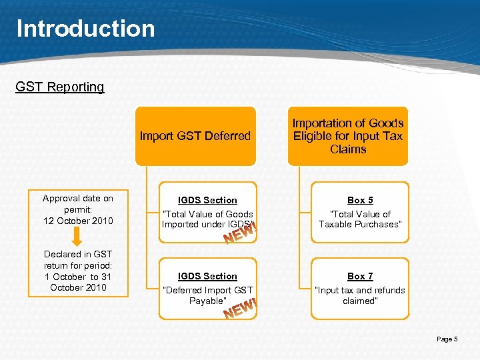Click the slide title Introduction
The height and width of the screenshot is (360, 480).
click(x=85, y=29)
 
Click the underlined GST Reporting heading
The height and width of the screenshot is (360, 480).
click(x=60, y=87)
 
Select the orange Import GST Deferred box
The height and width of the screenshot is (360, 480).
click(x=195, y=136)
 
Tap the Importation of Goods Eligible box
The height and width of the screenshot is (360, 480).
click(x=348, y=136)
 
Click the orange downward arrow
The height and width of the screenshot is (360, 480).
click(x=77, y=237)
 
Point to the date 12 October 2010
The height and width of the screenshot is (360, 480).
click(x=78, y=221)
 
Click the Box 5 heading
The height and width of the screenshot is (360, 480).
click(x=360, y=200)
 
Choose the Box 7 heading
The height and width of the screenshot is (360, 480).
click(x=360, y=276)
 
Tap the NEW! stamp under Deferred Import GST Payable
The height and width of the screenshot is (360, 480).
click(x=241, y=309)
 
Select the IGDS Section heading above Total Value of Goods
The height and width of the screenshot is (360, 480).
click(x=207, y=200)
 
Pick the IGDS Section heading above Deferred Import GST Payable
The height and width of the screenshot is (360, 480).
click(x=207, y=276)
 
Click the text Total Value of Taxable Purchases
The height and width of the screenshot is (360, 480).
click(x=360, y=219)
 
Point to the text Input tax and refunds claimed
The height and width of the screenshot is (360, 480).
click(x=360, y=295)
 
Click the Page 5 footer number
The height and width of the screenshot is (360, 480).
click(x=447, y=339)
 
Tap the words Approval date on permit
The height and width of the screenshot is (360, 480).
click(x=78, y=203)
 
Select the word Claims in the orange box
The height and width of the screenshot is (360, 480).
click(x=348, y=149)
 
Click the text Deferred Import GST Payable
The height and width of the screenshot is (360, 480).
click(x=207, y=295)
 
